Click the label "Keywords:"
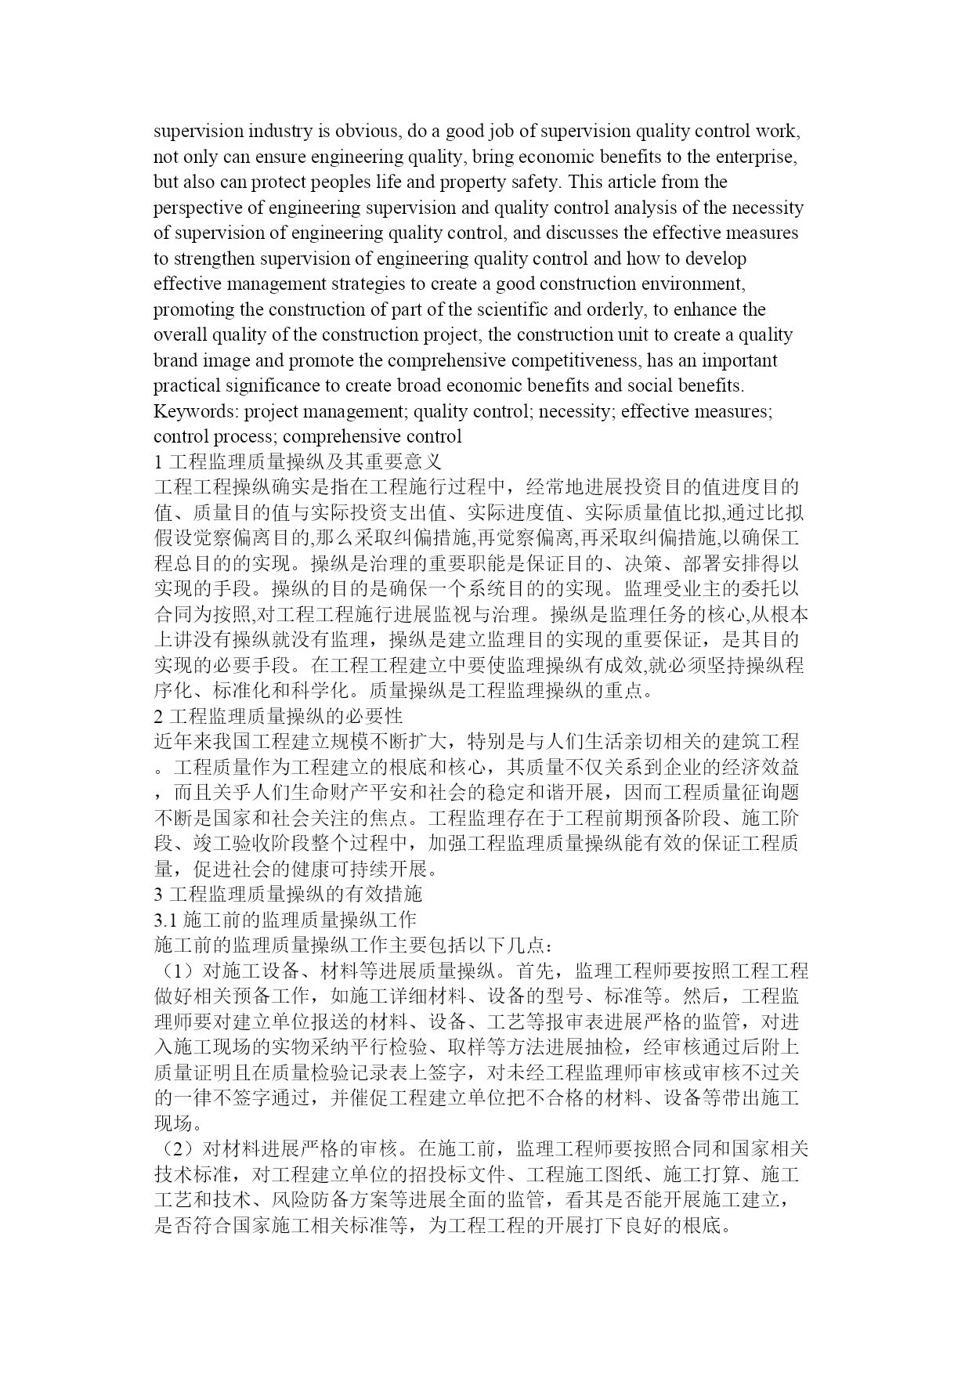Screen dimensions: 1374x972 click(x=196, y=411)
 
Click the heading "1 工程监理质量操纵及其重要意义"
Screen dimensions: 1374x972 click(x=298, y=461)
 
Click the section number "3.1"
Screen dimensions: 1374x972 click(x=167, y=920)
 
